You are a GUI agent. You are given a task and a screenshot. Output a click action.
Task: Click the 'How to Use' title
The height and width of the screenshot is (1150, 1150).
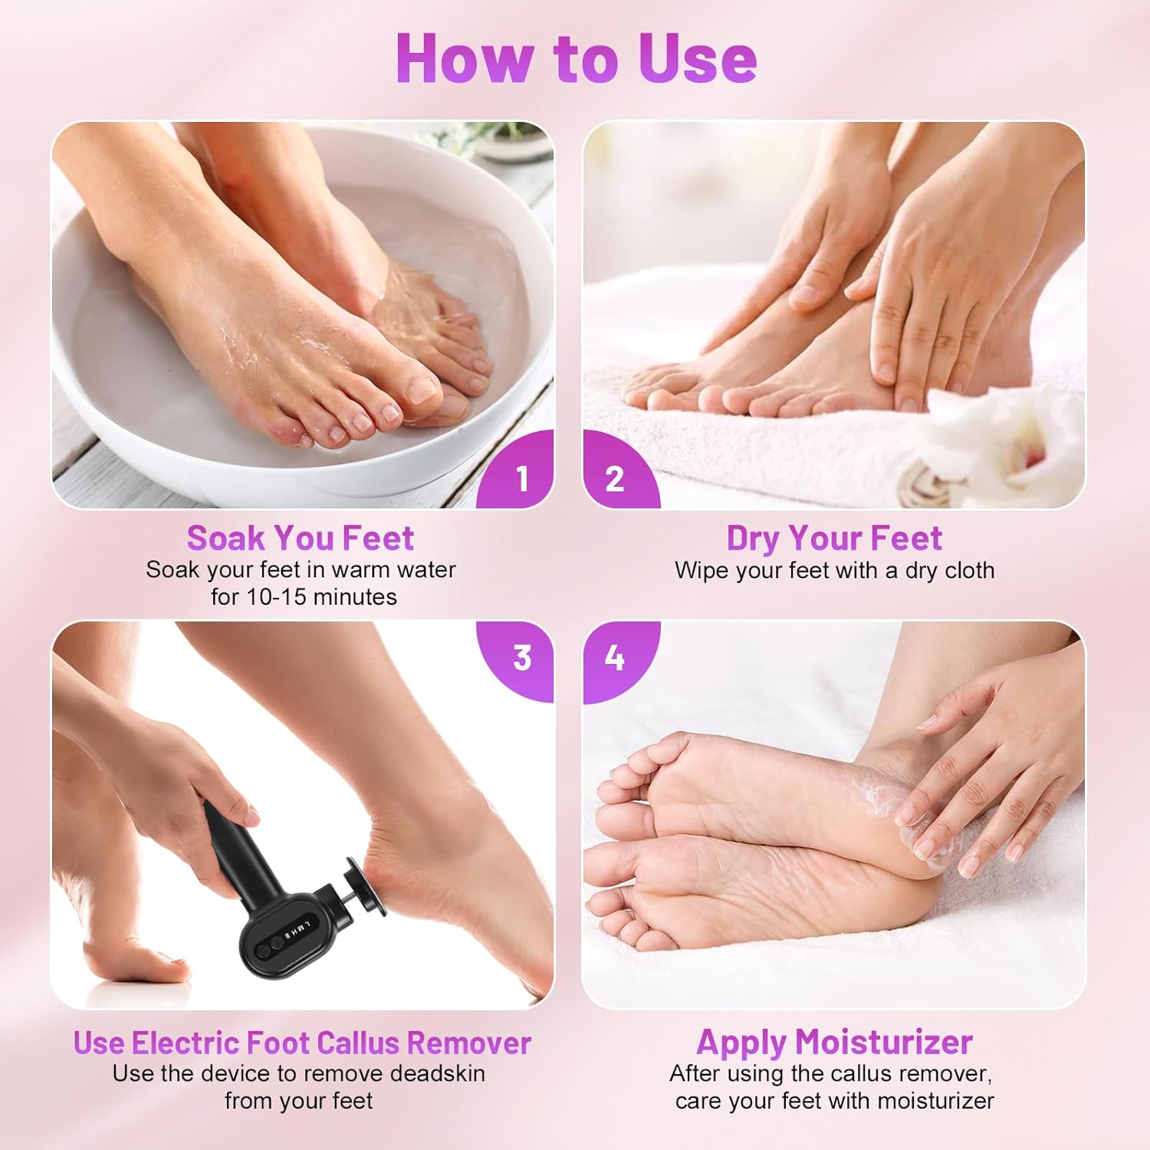coord(577,58)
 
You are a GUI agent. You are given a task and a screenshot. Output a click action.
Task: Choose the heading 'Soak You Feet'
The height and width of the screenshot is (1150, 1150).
coord(301,538)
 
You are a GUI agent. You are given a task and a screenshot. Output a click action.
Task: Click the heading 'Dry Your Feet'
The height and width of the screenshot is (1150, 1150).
coord(834,538)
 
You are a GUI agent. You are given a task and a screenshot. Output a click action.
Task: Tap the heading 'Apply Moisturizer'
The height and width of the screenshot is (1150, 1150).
coord(834,1043)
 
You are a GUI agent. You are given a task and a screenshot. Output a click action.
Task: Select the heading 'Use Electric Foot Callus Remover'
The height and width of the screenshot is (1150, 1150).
coord(302,1043)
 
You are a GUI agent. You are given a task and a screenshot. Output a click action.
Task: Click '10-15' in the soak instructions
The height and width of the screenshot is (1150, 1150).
coord(279,596)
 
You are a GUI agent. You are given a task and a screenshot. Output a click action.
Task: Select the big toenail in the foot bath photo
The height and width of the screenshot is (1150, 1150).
coord(421,390)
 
